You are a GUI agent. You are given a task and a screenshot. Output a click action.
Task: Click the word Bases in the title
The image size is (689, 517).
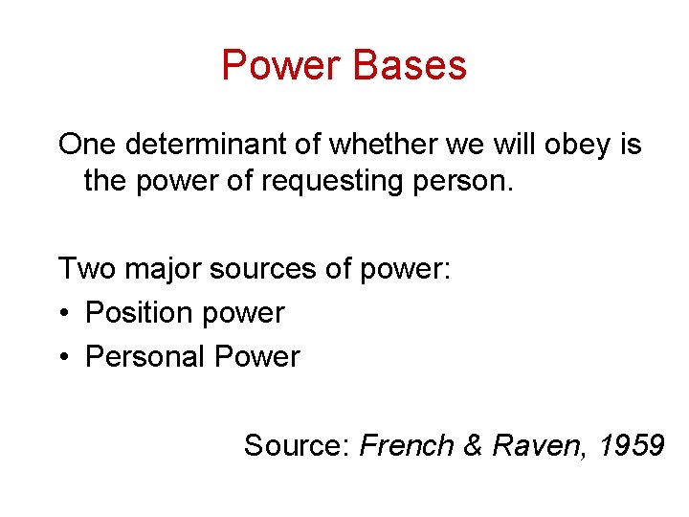click(410, 66)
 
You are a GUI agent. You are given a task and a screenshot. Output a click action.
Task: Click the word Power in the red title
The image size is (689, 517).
click(281, 66)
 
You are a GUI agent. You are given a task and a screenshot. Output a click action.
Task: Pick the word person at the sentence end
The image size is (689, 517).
click(470, 183)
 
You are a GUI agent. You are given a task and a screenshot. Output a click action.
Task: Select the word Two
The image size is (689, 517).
click(86, 269)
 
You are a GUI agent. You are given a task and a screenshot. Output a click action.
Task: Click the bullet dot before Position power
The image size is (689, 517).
click(64, 314)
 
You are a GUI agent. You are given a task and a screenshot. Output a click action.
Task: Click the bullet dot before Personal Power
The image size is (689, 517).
click(64, 358)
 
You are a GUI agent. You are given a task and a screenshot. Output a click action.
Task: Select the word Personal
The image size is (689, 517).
click(145, 357)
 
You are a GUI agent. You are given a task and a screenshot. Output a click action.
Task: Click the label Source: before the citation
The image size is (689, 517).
click(298, 446)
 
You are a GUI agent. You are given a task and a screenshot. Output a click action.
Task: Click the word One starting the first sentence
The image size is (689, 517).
click(87, 146)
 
